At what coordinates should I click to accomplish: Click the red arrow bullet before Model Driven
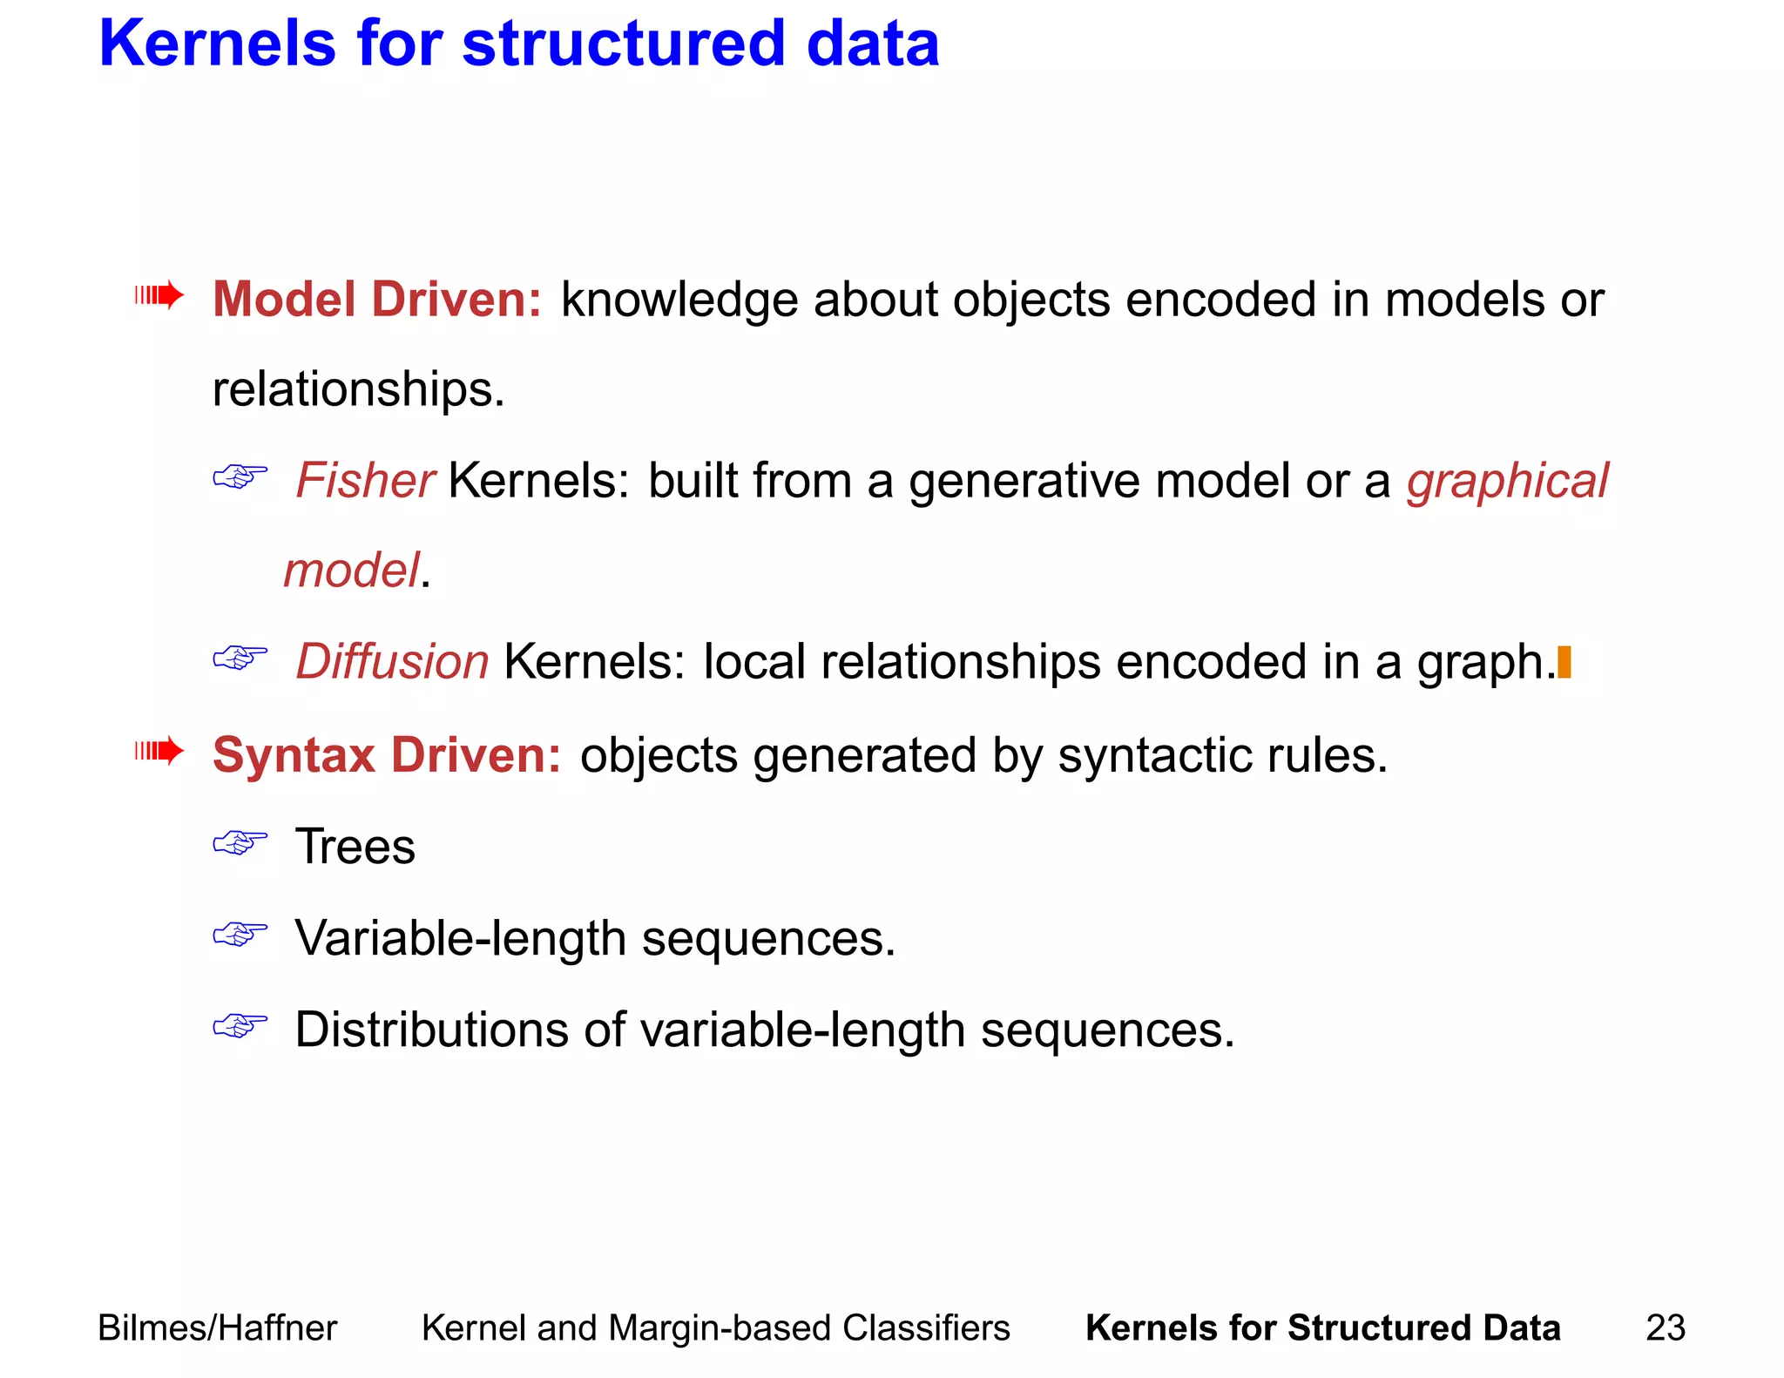pyautogui.click(x=159, y=296)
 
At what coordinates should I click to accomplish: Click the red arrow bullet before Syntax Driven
pyautogui.click(x=159, y=751)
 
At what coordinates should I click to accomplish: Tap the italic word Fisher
pyautogui.click(x=365, y=480)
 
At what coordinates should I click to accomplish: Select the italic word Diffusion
pyautogui.click(x=392, y=661)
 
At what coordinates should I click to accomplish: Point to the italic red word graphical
pyautogui.click(x=1507, y=481)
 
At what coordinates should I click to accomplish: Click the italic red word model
pyautogui.click(x=352, y=571)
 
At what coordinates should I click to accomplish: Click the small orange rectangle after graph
pyautogui.click(x=1564, y=662)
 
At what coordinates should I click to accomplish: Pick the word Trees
pyautogui.click(x=355, y=846)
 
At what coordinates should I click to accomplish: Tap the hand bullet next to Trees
pyautogui.click(x=240, y=843)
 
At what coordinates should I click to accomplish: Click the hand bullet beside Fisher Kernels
pyautogui.click(x=240, y=476)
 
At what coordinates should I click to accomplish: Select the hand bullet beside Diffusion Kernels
pyautogui.click(x=240, y=658)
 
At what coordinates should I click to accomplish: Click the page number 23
pyautogui.click(x=1666, y=1328)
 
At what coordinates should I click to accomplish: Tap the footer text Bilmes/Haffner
pyautogui.click(x=217, y=1328)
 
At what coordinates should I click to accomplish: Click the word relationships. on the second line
pyautogui.click(x=358, y=388)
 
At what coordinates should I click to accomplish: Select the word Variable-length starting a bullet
pyautogui.click(x=461, y=939)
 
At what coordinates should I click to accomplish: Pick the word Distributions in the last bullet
pyautogui.click(x=431, y=1030)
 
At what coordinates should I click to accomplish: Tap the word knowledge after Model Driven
pyautogui.click(x=679, y=301)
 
